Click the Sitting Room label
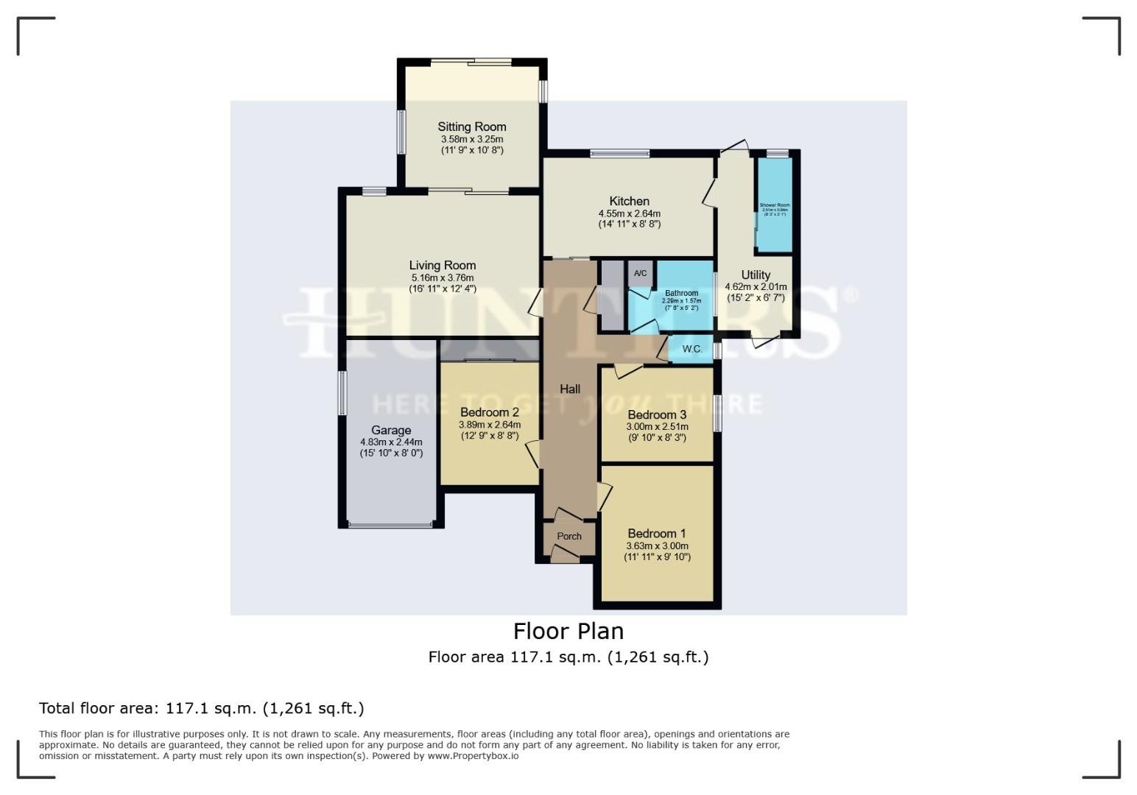tap(471, 127)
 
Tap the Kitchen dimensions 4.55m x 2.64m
tap(629, 213)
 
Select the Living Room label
tap(442, 265)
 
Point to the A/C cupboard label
tap(640, 274)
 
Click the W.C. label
tap(691, 349)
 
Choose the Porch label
tap(568, 537)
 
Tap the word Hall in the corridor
tap(569, 389)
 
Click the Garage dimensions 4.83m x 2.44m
tap(390, 442)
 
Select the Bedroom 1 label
tap(656, 534)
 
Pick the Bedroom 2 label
tap(489, 412)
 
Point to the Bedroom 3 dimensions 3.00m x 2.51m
tap(657, 427)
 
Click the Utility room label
tap(756, 275)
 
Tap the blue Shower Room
tap(775, 206)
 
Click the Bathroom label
tap(680, 293)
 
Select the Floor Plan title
tap(568, 631)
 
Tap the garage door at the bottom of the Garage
tap(390, 525)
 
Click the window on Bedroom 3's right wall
tap(717, 413)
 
